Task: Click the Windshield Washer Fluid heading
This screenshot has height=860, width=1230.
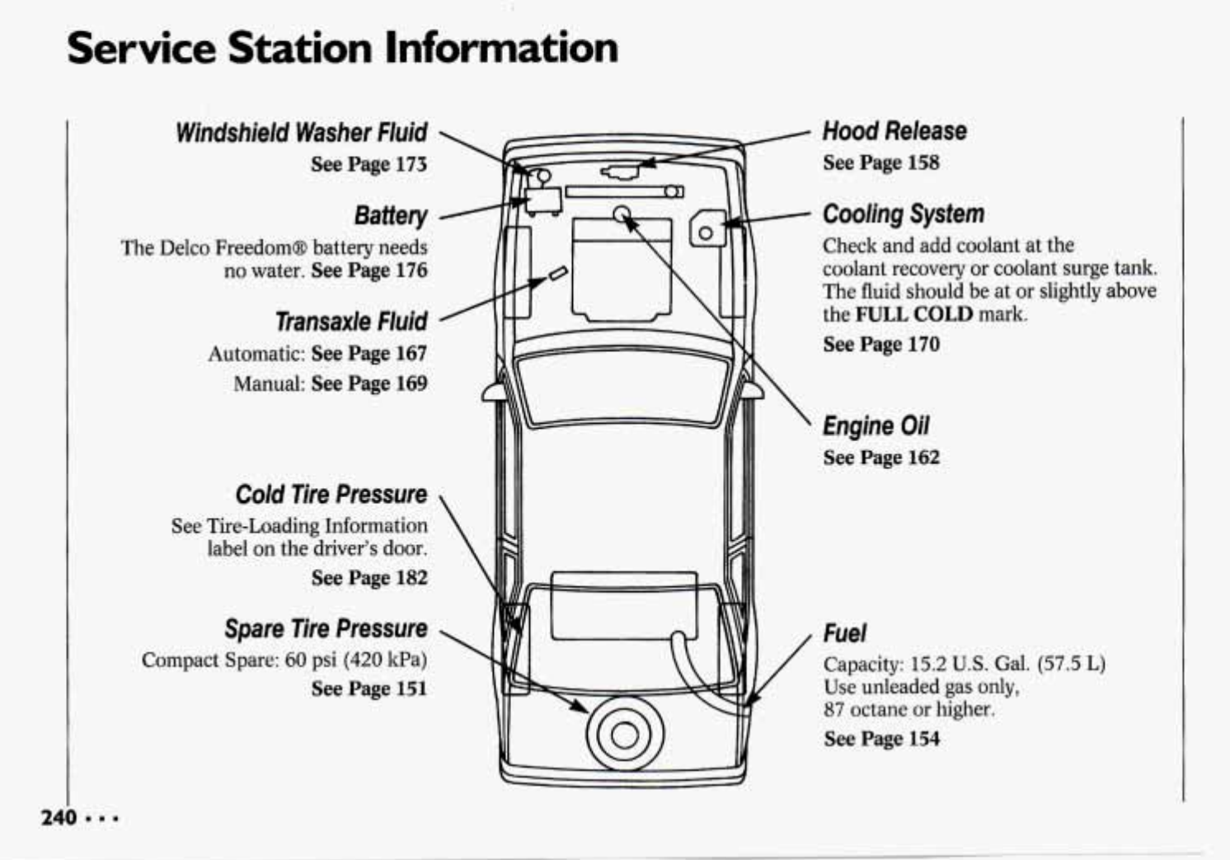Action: click(302, 133)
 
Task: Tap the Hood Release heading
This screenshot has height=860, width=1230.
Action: click(894, 131)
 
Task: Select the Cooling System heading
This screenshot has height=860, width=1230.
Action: click(904, 214)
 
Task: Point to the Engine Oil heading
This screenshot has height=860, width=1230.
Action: click(876, 426)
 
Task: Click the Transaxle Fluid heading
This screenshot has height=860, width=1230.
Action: click(351, 322)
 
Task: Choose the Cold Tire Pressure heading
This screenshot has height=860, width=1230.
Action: click(331, 495)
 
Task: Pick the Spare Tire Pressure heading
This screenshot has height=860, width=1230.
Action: click(326, 629)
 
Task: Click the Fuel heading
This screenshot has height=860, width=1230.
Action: click(845, 633)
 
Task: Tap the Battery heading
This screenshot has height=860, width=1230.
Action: click(391, 216)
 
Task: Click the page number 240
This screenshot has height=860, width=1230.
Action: click(59, 817)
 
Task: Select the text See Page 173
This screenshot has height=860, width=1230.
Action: click(369, 164)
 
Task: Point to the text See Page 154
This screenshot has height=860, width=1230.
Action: click(881, 739)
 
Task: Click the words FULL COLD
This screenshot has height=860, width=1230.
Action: click(914, 314)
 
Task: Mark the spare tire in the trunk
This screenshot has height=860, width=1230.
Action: click(625, 734)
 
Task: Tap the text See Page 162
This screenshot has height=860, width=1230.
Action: click(881, 458)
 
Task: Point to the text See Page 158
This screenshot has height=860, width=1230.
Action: click(881, 162)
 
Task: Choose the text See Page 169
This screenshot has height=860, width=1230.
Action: click(369, 383)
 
